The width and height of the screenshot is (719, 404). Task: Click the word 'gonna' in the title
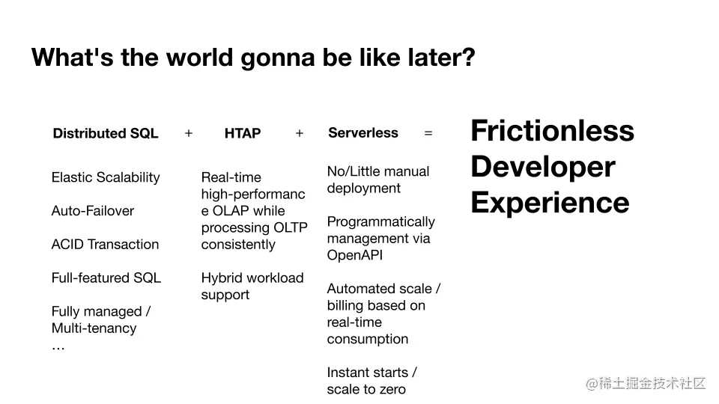pos(277,58)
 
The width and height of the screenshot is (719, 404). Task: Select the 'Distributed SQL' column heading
pos(106,133)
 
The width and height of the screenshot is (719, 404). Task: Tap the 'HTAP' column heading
pos(243,133)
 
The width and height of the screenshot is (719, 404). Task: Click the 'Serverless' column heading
pos(363,133)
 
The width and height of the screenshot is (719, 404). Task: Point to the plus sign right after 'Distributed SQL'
pos(189,133)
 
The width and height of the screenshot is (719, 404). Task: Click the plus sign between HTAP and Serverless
pos(300,133)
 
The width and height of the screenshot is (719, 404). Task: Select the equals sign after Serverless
pos(428,133)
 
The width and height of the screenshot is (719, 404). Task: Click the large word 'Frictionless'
pos(552,130)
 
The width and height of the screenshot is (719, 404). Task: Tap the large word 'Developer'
pos(543,167)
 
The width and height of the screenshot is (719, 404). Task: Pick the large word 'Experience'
pos(550,203)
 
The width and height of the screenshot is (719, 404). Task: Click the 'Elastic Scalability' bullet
pos(106,178)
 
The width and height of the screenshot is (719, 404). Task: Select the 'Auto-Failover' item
pos(93,211)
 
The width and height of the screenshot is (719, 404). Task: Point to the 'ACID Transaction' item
pos(105,244)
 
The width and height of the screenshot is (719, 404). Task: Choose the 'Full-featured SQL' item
pos(106,278)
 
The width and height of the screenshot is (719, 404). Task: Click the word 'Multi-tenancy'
pos(94,328)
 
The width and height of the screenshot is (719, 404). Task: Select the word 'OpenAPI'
pos(355,255)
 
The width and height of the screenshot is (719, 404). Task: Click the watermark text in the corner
pos(646,383)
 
